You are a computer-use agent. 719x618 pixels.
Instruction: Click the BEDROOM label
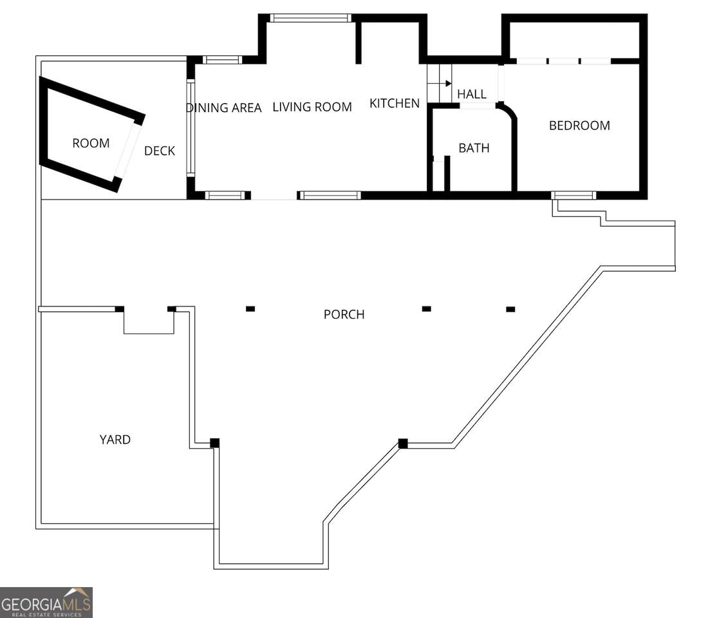coord(579,126)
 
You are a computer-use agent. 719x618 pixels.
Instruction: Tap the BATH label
coord(474,148)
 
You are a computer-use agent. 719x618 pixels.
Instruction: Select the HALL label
coord(471,94)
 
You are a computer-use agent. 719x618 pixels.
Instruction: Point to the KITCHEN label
coord(395,104)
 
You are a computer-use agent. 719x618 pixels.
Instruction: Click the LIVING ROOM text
coord(312,107)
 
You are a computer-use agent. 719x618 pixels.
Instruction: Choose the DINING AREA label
coord(224,108)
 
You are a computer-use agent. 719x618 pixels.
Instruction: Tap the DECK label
coord(160,151)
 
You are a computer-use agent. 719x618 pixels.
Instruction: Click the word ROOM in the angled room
coord(91,144)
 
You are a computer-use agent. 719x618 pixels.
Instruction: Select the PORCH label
coord(344,315)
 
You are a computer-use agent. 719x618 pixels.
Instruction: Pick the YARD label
coord(115,440)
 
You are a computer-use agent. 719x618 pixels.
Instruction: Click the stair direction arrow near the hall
coord(445,84)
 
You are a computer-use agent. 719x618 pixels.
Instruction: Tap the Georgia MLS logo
coord(46,603)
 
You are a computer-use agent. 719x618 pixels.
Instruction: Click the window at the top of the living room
coord(310,18)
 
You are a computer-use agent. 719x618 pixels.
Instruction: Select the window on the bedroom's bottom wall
coord(574,195)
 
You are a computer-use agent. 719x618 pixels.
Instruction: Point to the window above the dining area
coord(223,60)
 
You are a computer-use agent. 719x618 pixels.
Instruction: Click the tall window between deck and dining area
coord(191,128)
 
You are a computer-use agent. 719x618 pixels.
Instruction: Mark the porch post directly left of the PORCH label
coord(250,309)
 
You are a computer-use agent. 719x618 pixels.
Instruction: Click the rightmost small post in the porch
coord(510,310)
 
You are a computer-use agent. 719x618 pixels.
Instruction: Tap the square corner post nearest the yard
coord(214,443)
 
